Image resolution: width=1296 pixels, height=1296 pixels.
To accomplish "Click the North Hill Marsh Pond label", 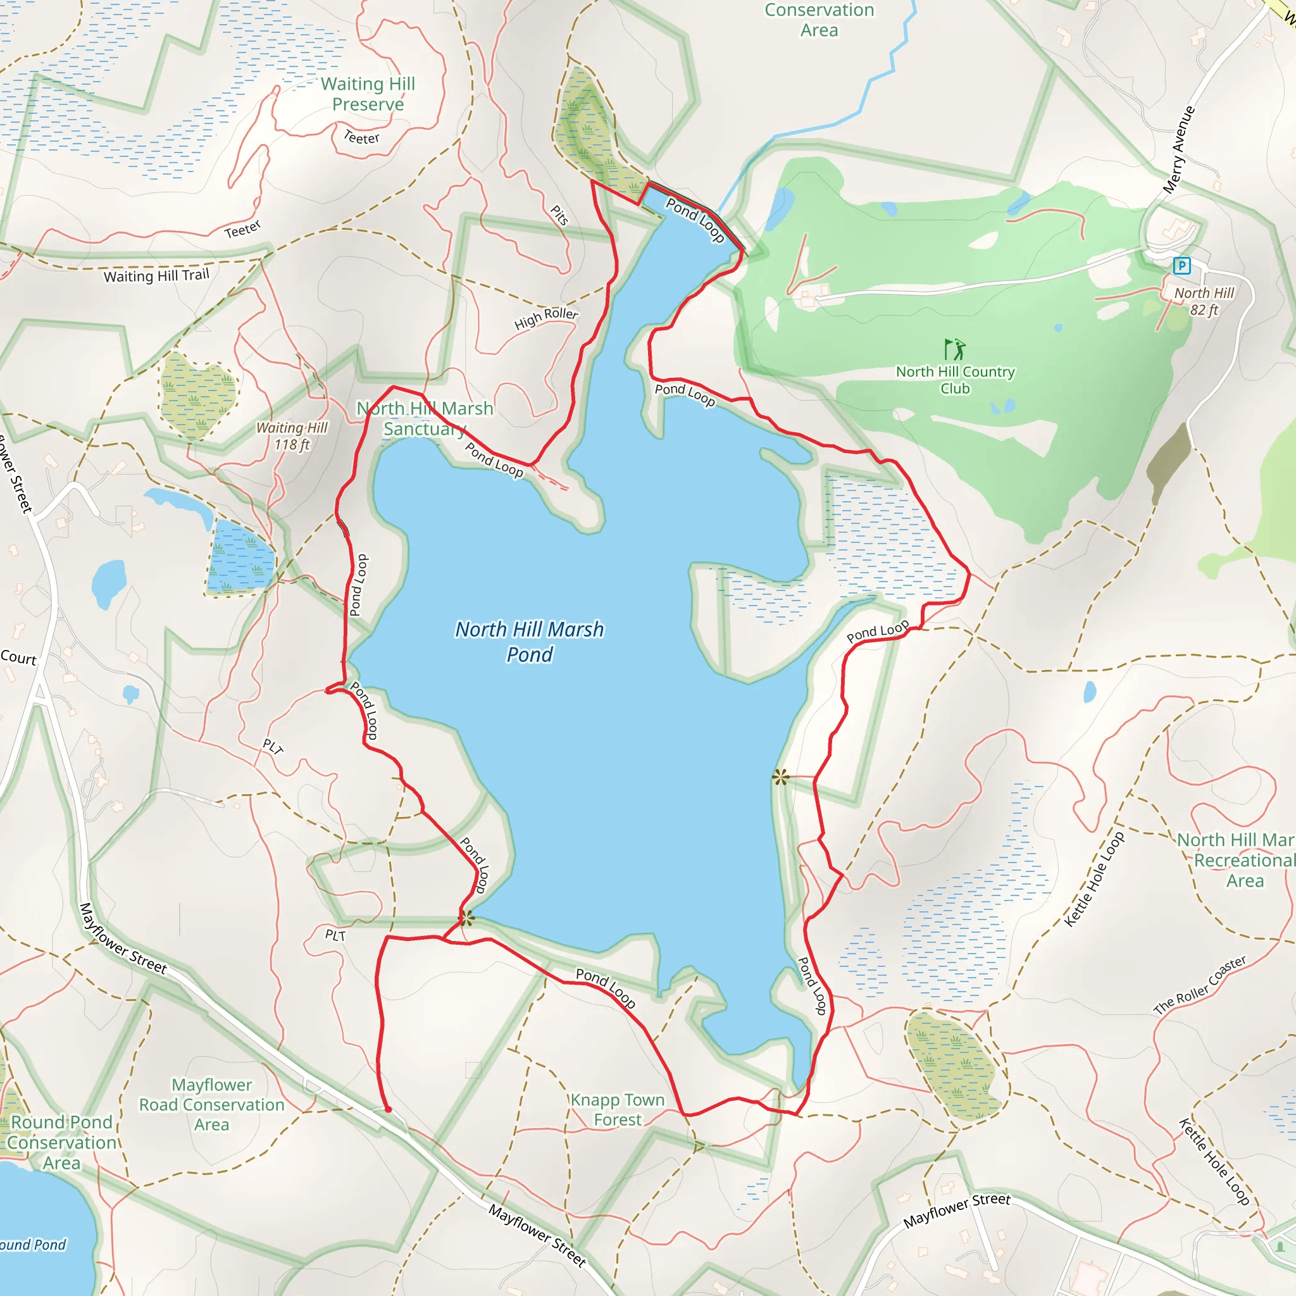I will tap(529, 641).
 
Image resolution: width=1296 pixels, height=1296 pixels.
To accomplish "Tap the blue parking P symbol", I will tap(1181, 266).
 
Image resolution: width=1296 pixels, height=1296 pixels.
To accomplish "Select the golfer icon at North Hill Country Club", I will tap(954, 349).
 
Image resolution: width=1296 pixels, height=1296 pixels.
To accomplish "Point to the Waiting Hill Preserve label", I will tap(368, 94).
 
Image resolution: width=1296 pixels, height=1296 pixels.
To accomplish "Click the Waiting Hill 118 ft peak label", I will tap(292, 436).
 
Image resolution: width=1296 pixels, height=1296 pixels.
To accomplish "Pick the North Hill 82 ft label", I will tap(1204, 301).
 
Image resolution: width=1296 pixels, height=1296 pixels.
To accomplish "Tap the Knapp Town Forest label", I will tap(617, 1109).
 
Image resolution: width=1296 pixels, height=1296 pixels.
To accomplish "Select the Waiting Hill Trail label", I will tap(156, 275).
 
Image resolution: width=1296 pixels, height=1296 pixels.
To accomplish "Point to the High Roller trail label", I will tap(546, 318).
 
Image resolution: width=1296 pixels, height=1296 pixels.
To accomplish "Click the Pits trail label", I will tap(559, 215).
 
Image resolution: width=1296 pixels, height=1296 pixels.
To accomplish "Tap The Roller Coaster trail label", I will tap(1199, 985).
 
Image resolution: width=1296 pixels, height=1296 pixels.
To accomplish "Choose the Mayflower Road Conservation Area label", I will tap(211, 1104).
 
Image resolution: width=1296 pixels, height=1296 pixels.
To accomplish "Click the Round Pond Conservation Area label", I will tap(62, 1142).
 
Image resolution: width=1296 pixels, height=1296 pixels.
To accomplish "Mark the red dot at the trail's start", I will tap(388, 1109).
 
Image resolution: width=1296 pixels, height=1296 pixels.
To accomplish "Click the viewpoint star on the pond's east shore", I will tap(780, 778).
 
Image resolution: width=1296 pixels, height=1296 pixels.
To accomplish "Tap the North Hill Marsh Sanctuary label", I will tap(425, 418).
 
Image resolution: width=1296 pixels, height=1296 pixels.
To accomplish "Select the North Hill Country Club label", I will tap(955, 380).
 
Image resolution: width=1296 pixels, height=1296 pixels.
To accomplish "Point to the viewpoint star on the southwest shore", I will tap(466, 918).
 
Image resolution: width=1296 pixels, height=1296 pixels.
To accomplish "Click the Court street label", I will tap(18, 657).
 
